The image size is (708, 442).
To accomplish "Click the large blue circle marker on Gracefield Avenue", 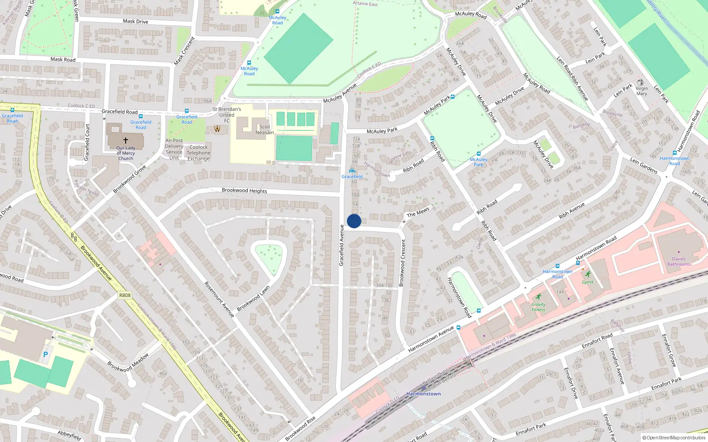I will click(x=354, y=221).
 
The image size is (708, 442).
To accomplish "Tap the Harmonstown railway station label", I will click(x=423, y=394).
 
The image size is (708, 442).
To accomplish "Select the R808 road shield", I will click(x=125, y=295).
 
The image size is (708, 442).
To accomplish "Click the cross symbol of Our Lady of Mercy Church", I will click(x=126, y=140).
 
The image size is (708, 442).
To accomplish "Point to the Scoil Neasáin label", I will click(x=265, y=130).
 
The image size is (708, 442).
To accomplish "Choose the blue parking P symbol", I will click(x=45, y=354).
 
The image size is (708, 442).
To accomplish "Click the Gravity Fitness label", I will click(x=539, y=307).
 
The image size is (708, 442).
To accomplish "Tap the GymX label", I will click(x=588, y=282).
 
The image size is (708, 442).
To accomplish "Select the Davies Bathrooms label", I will click(x=679, y=262).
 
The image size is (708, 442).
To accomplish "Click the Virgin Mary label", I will click(x=642, y=91).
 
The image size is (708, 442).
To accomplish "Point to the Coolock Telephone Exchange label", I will click(x=198, y=153).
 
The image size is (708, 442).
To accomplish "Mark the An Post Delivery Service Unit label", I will click(x=174, y=149).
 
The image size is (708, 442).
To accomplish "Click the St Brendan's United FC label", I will click(x=227, y=114).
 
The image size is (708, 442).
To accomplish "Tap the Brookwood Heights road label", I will click(x=244, y=191).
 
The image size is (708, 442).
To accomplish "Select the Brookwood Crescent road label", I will click(x=403, y=263).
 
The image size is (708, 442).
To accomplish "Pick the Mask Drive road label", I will click(x=135, y=21).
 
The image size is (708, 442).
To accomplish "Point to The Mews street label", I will click(x=418, y=212).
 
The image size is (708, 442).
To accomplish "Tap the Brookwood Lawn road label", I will click(x=253, y=298).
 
